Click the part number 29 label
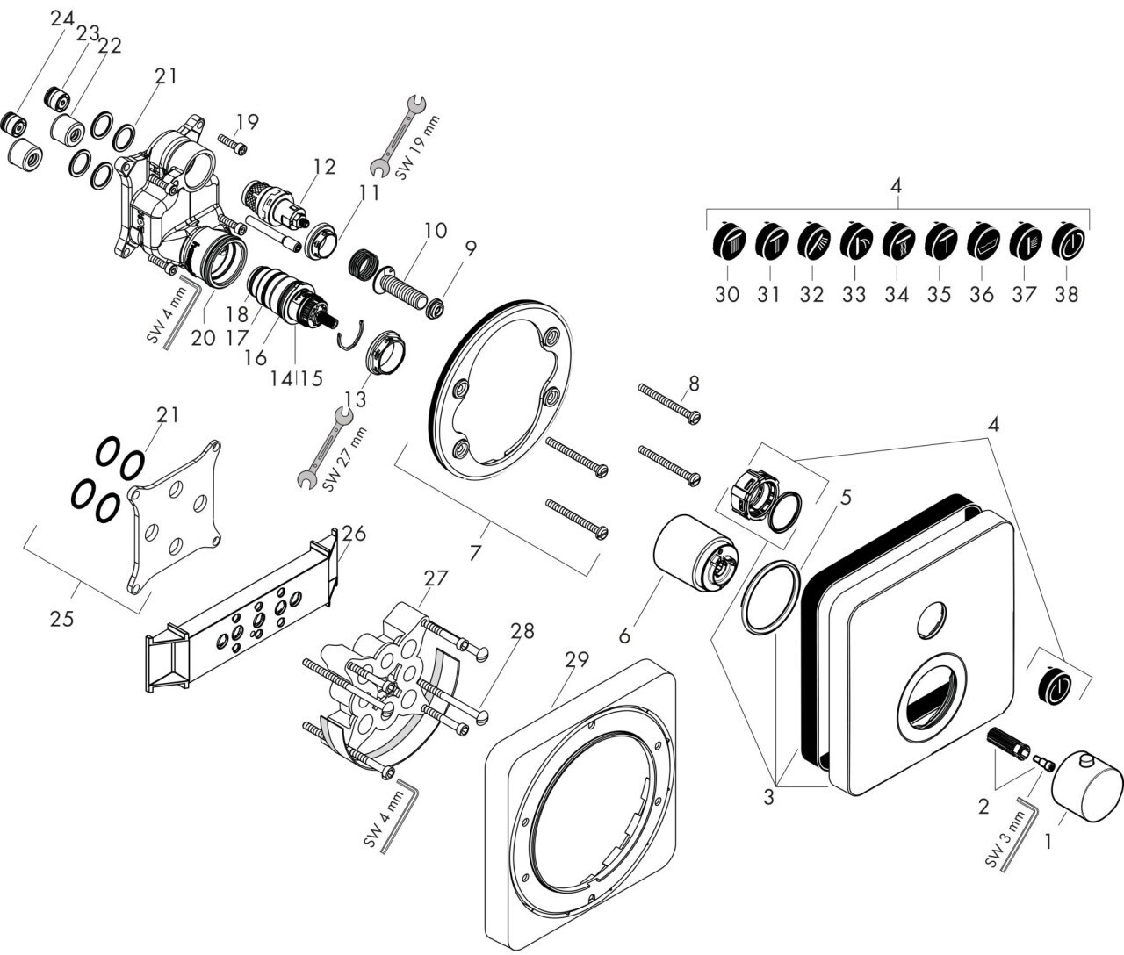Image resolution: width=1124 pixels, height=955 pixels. tap(576, 659)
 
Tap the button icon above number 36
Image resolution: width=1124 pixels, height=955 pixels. tap(982, 241)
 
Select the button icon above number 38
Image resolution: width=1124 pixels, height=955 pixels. tap(1068, 241)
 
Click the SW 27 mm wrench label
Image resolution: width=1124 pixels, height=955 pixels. tap(343, 459)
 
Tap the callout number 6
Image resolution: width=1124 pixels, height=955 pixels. tap(624, 635)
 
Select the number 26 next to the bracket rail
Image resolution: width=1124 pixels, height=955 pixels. tap(354, 534)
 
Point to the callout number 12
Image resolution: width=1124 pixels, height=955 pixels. tap(324, 167)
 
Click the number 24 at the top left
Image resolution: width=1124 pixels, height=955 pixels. tap(62, 19)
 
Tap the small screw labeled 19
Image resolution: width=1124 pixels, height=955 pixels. tap(232, 144)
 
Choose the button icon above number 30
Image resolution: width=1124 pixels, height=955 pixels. tap(726, 241)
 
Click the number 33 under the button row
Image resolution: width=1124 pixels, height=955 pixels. tap(854, 295)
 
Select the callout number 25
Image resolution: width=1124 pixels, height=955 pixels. tap(61, 619)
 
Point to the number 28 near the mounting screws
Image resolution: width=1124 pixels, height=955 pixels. tap(522, 631)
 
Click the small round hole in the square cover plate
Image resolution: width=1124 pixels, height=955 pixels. tap(931, 621)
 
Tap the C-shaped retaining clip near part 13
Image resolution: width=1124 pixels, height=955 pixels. tap(350, 336)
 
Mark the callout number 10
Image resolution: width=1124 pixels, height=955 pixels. tap(436, 231)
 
